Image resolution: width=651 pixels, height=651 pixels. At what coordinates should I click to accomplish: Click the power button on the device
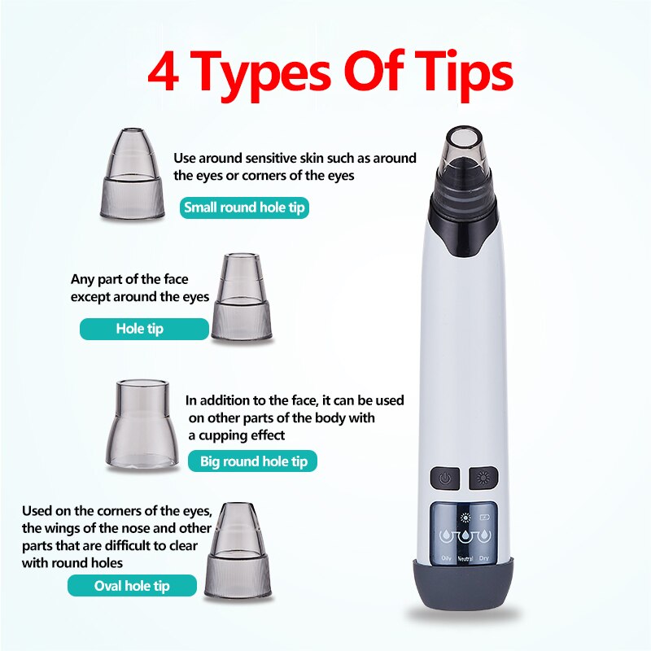click(x=445, y=478)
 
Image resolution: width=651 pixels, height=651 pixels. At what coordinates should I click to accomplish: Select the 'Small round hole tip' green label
click(x=244, y=208)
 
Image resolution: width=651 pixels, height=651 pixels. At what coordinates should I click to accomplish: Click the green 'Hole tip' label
click(x=144, y=329)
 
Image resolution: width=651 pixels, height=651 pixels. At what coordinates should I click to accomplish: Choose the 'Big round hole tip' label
click(x=254, y=461)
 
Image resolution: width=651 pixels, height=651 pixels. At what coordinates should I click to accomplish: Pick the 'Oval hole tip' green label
click(x=132, y=586)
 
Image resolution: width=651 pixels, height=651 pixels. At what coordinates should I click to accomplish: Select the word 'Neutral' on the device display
click(x=465, y=557)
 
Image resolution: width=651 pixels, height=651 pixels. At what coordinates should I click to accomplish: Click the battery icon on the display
click(x=486, y=518)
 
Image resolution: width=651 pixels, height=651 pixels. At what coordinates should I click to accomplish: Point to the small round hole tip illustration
click(x=132, y=173)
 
